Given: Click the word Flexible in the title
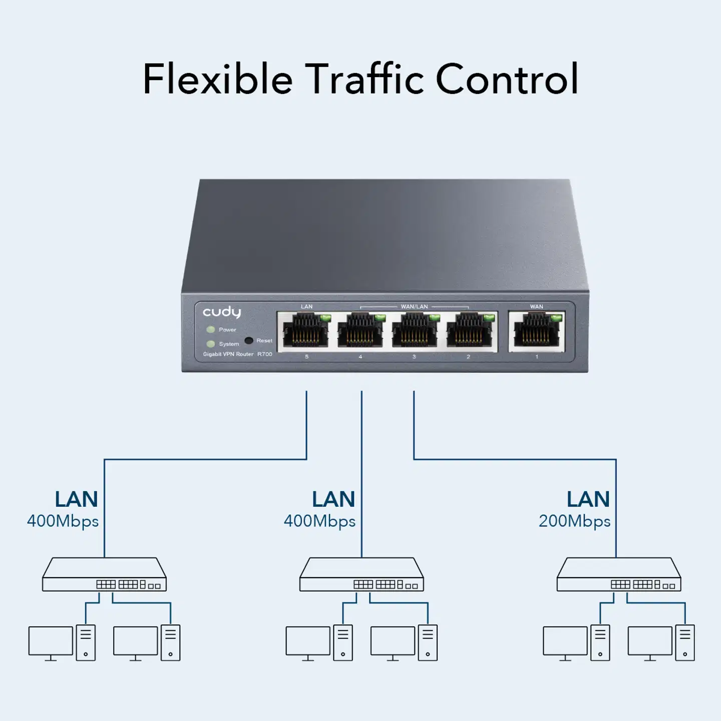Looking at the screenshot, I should (217, 79).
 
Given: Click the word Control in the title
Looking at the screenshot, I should (507, 79).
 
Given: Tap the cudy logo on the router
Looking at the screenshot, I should (222, 312).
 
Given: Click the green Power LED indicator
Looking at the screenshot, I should (211, 329).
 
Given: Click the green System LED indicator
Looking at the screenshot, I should (211, 344).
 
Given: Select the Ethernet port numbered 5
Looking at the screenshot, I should (306, 331).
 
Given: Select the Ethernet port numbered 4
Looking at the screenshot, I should (360, 331).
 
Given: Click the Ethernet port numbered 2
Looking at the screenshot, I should (469, 331).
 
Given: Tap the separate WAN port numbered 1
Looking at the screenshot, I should (537, 331).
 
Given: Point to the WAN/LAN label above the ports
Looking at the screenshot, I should (414, 306).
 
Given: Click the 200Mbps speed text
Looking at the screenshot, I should (574, 521).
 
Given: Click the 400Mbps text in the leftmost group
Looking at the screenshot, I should (63, 521).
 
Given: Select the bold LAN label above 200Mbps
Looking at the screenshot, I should (588, 499).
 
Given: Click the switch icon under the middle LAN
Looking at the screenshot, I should (362, 575).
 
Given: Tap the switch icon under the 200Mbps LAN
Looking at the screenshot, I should (619, 575).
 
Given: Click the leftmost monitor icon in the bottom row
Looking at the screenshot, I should (51, 643).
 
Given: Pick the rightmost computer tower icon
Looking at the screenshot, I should (685, 643).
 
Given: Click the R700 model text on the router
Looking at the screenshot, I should (265, 354).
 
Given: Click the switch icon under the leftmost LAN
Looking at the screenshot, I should (104, 575).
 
